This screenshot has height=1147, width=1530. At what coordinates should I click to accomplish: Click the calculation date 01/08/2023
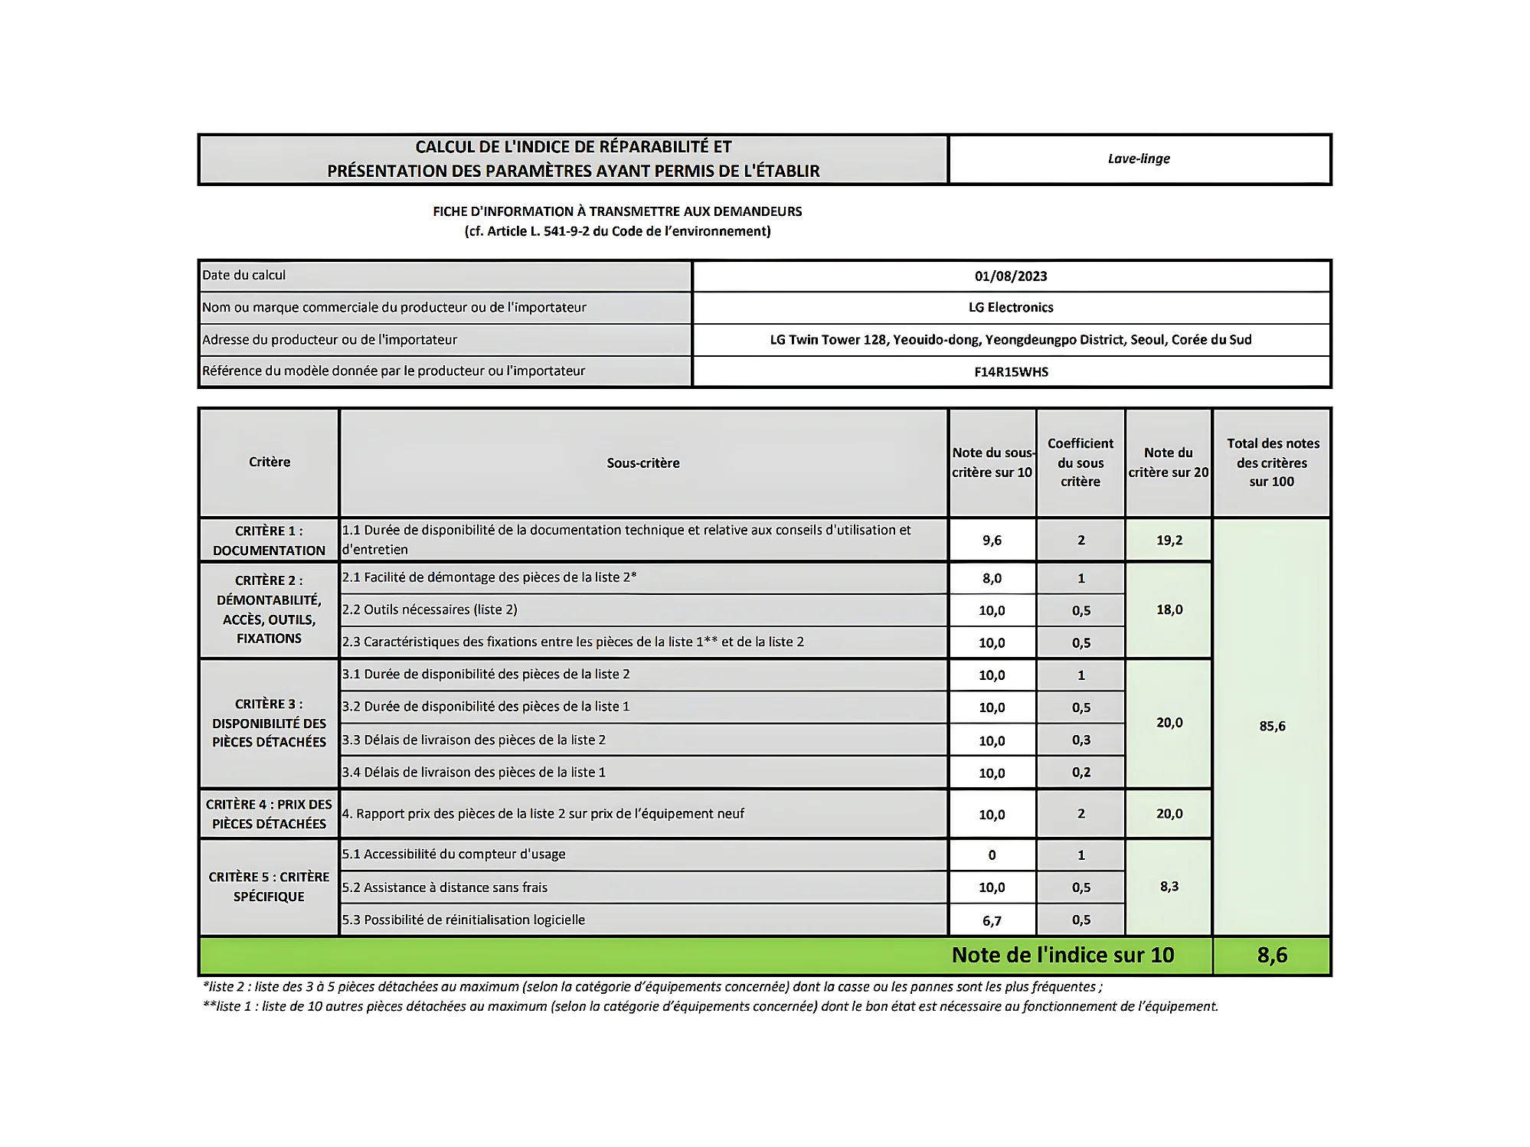coord(1011,276)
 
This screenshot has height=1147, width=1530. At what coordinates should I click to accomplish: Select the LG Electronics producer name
coord(1011,308)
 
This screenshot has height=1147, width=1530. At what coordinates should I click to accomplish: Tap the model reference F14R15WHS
coord(1011,372)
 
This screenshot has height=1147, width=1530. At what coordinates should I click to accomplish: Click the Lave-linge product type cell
coord(1139,159)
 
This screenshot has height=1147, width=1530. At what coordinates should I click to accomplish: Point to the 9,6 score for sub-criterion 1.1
coord(992,541)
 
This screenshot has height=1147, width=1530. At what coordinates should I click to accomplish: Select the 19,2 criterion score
coord(1169,541)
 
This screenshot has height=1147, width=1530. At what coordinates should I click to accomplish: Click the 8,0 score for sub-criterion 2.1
coord(992,579)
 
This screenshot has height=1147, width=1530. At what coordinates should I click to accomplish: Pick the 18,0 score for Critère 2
coord(1169,610)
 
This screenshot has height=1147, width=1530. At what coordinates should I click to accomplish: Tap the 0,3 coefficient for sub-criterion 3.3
coord(1081,740)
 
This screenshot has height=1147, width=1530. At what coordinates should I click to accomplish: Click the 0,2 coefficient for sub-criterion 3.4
coord(1081,773)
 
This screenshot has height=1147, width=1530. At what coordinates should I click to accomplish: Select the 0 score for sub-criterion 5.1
coord(992,855)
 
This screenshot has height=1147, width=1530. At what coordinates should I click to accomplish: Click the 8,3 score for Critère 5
coord(1169,887)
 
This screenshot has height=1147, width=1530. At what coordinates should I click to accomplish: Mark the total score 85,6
coord(1272,727)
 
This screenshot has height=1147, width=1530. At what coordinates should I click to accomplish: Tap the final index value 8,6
coord(1272,956)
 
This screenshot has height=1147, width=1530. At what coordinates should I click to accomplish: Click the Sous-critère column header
coord(643,463)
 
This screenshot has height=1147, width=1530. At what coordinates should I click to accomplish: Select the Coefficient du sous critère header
coord(1080,463)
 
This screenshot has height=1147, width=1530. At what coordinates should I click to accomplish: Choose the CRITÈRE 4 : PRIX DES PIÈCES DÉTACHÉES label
coord(269,814)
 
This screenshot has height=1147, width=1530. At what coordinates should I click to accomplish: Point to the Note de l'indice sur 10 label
coord(1062,956)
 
